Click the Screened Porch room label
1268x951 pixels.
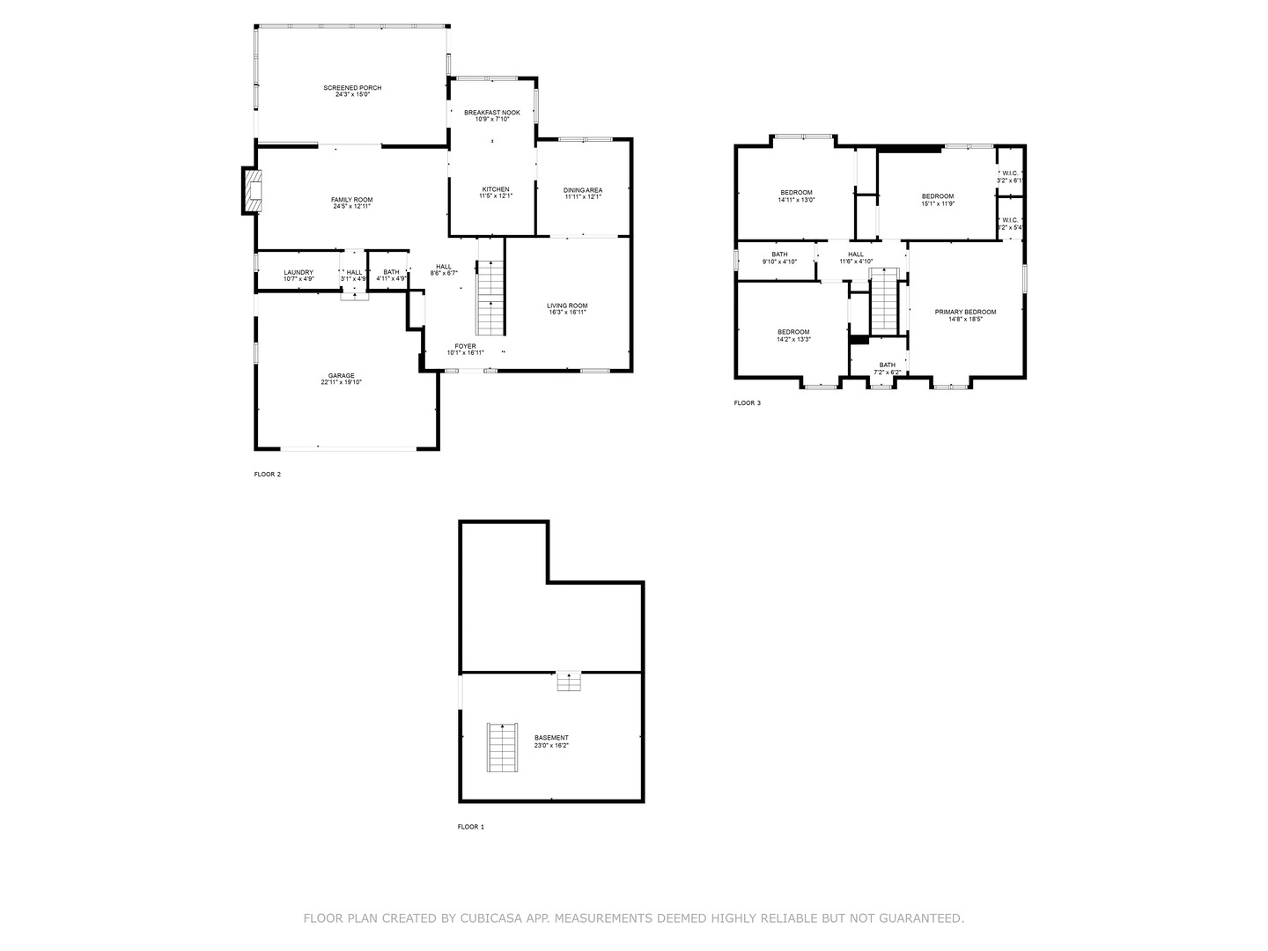click(x=352, y=88)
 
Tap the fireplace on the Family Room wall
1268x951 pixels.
click(x=253, y=191)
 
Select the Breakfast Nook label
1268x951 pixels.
click(x=492, y=113)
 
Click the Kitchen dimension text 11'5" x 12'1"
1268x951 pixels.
click(x=495, y=196)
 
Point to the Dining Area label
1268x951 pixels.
click(x=583, y=190)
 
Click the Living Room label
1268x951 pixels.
click(x=568, y=306)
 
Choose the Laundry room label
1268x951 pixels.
click(x=299, y=272)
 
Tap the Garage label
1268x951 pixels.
click(x=342, y=376)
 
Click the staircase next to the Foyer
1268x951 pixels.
click(x=490, y=299)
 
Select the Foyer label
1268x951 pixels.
click(x=465, y=346)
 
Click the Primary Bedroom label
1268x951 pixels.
click(x=965, y=312)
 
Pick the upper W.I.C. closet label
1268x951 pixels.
click(x=1009, y=173)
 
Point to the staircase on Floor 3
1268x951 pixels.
click(x=882, y=301)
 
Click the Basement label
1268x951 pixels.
click(x=551, y=738)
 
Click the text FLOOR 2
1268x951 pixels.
click(x=267, y=475)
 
